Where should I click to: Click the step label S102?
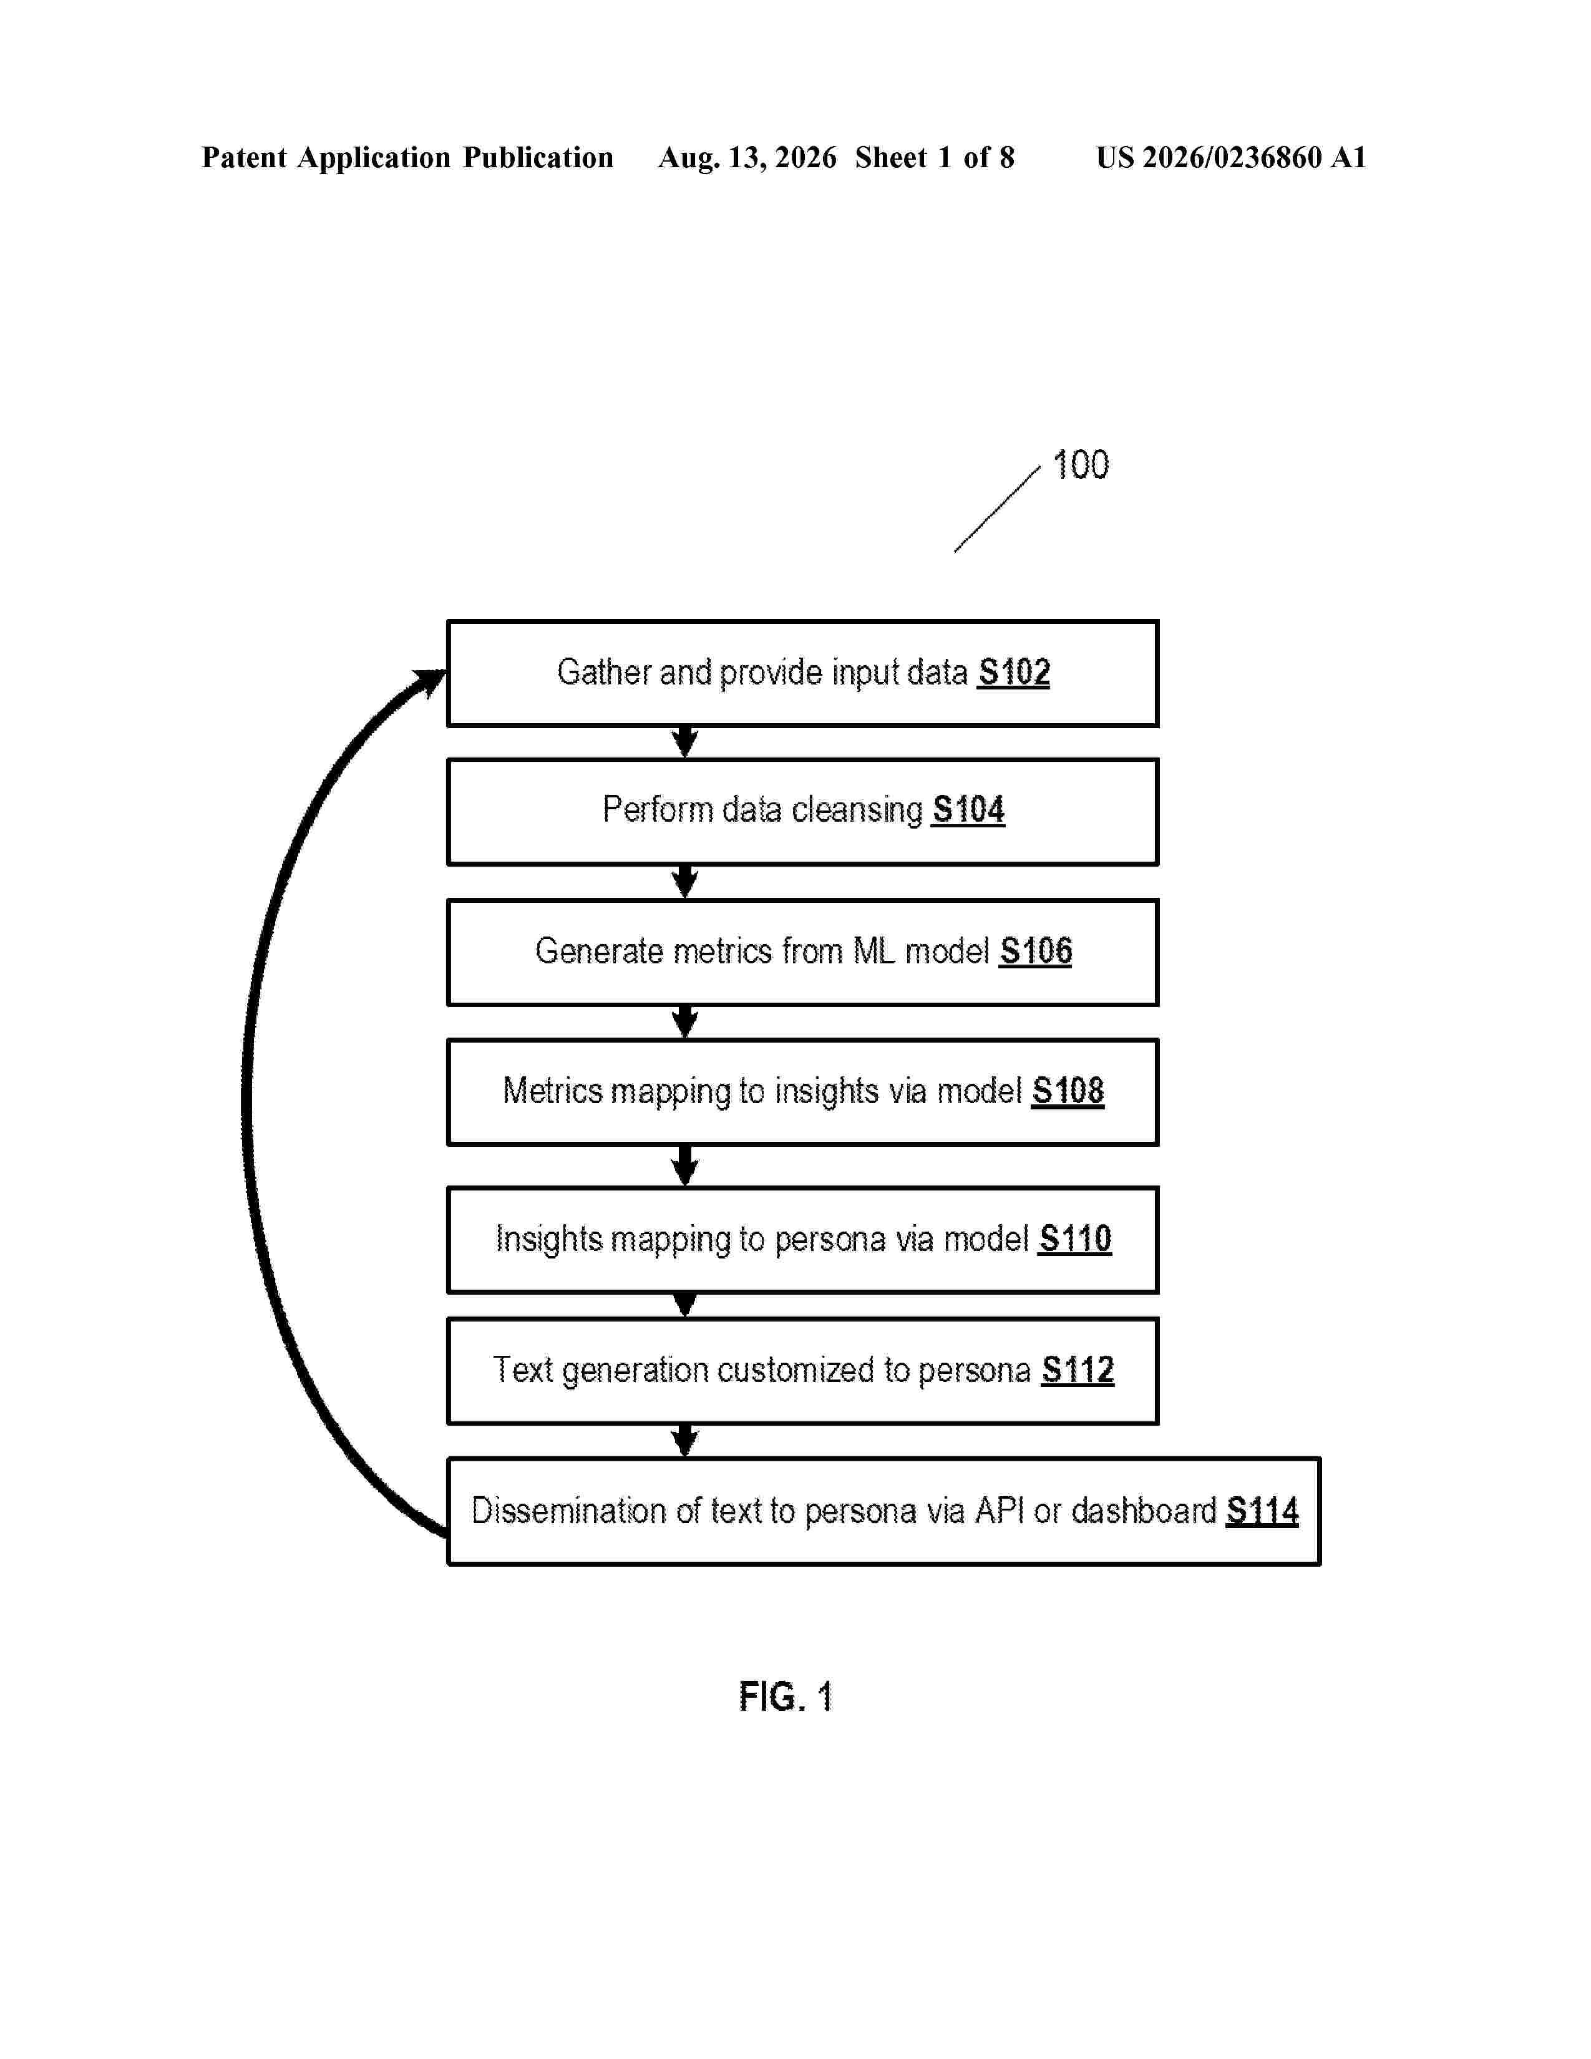click(x=1014, y=672)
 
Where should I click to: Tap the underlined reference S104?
click(x=968, y=810)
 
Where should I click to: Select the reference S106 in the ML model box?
click(x=1036, y=952)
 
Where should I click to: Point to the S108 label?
click(x=1068, y=1091)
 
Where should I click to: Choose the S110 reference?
click(x=1076, y=1239)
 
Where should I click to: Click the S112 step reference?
click(x=1078, y=1370)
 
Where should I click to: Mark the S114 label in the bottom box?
click(x=1262, y=1511)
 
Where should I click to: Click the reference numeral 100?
click(x=1081, y=465)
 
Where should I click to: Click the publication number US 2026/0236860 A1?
click(x=1231, y=157)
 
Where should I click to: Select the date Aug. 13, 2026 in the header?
click(x=747, y=157)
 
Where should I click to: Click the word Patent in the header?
click(x=244, y=157)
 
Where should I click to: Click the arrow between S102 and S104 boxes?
click(x=685, y=742)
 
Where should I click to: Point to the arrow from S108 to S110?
click(x=685, y=1166)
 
